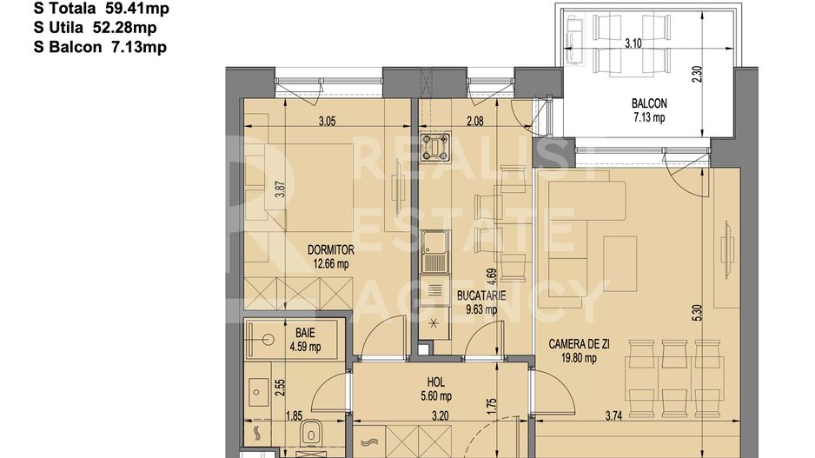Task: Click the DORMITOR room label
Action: [331, 249]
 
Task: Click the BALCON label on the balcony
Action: [648, 105]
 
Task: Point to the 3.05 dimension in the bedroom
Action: [327, 122]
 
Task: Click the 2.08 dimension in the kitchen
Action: [474, 122]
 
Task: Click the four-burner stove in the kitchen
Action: [435, 145]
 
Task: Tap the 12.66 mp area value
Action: [331, 263]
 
